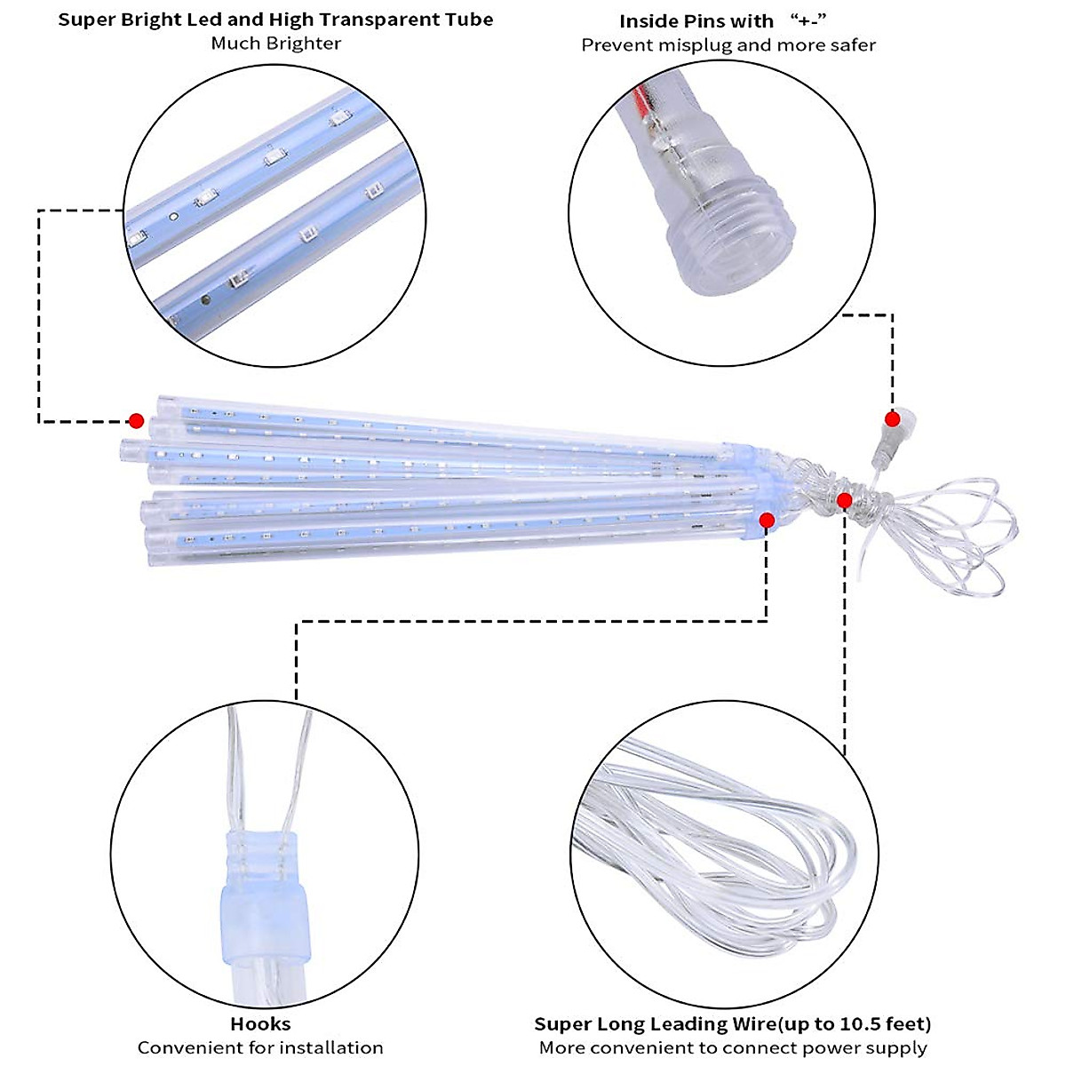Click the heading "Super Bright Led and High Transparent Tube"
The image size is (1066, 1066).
pos(275,20)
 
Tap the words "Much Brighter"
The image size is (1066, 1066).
pos(275,44)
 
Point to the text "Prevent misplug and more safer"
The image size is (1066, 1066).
pos(728,45)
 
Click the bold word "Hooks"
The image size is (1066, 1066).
pos(260,1024)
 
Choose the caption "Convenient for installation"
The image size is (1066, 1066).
pos(260,1048)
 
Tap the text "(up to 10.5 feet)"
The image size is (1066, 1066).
pos(854,1024)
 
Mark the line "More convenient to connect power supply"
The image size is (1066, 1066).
pos(733,1048)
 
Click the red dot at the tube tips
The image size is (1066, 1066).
pos(136,420)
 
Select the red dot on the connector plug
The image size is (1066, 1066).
pos(892,419)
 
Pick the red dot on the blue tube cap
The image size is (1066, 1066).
pos(767,521)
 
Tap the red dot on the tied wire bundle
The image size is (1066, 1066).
pos(844,501)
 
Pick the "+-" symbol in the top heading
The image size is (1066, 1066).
pos(808,20)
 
